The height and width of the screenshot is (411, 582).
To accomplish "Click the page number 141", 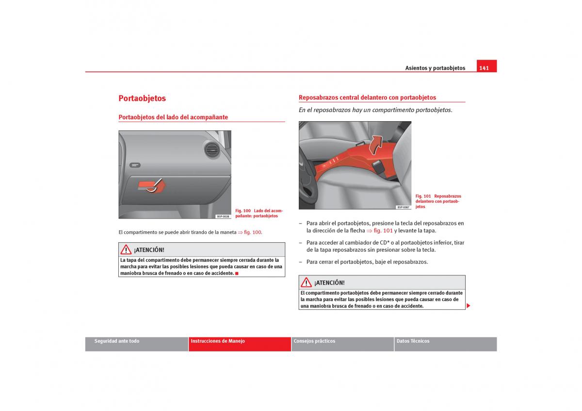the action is click(484, 68).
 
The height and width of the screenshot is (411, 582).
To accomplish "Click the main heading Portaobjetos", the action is click(142, 98).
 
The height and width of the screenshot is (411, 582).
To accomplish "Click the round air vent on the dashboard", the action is click(212, 150).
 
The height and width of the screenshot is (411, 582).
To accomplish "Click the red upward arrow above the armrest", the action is click(376, 145).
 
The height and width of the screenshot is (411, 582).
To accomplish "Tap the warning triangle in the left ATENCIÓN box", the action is click(126, 250).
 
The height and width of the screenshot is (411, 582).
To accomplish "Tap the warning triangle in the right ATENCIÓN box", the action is click(306, 282).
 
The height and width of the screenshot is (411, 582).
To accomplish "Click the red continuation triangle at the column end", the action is click(468, 306).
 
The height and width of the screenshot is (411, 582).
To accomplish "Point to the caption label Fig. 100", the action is click(243, 211).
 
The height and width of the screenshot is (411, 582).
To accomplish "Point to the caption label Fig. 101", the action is click(423, 196).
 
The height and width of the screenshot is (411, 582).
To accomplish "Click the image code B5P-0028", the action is click(223, 216).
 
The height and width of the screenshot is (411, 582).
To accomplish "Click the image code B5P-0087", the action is click(403, 207).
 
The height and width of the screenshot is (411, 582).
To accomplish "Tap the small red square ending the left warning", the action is click(237, 273).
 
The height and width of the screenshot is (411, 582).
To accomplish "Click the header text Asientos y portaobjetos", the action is click(435, 68).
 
